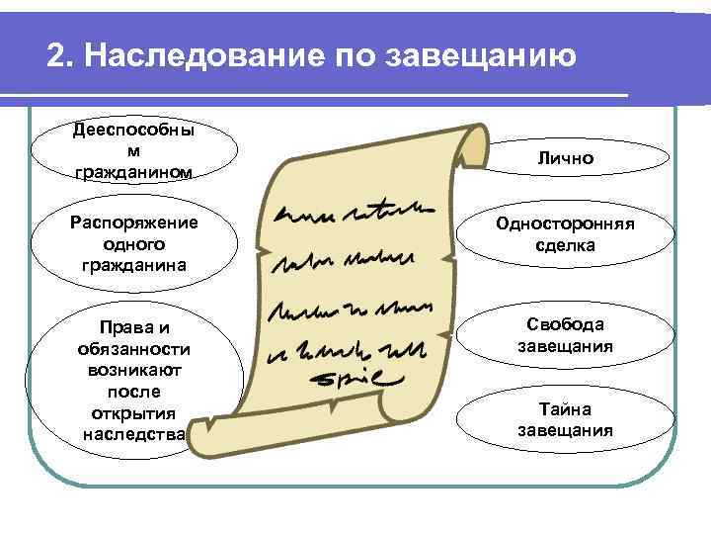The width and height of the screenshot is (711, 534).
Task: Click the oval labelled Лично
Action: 566,158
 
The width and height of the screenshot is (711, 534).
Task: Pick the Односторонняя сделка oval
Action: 566,234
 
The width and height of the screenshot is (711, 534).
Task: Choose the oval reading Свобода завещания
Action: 565,335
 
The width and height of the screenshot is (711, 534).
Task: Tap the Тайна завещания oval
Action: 565,419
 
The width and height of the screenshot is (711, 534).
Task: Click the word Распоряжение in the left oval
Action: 134,222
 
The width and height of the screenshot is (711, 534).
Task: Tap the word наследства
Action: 134,433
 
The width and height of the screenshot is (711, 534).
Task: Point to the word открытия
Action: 134,412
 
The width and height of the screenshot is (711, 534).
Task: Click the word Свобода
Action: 565,324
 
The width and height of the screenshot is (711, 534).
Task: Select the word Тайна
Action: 565,408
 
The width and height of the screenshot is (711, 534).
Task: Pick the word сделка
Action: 566,245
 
